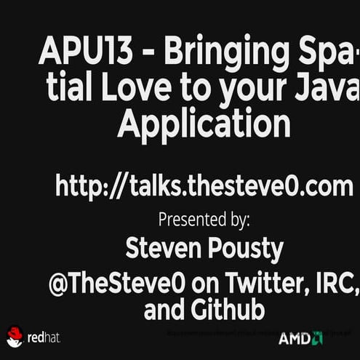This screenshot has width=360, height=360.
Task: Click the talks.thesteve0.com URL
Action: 204,185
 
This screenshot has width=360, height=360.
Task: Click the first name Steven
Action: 164,249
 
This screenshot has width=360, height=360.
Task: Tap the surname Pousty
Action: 243,249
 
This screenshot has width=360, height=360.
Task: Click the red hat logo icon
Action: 15,336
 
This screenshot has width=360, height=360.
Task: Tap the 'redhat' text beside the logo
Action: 44,337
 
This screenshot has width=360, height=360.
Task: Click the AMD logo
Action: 300,338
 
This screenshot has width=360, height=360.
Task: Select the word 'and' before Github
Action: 164,311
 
